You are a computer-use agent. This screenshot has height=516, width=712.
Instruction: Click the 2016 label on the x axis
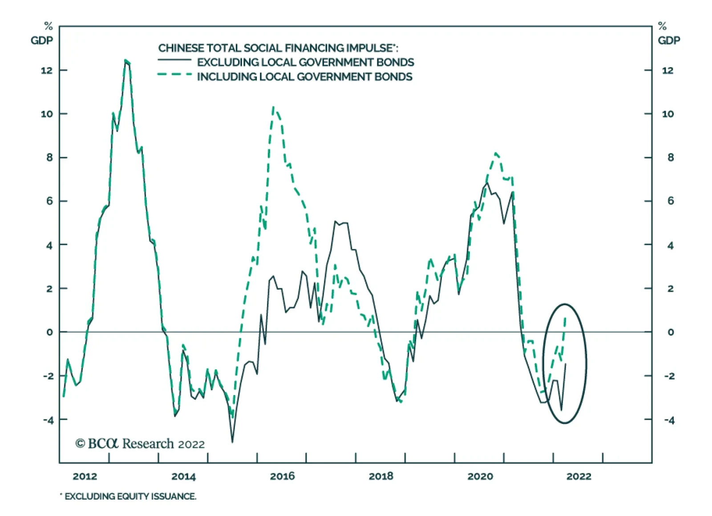point(282,476)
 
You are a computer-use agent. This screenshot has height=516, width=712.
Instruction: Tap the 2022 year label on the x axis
point(578,476)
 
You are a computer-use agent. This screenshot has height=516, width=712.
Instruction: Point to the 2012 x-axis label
point(85,476)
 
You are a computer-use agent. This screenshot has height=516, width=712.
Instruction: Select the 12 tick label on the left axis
point(46,70)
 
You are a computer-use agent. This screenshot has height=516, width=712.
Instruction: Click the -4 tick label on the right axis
point(668,420)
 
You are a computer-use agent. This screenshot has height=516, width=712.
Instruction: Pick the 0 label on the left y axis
point(49,332)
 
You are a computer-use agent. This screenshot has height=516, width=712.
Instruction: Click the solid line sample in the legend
point(174,60)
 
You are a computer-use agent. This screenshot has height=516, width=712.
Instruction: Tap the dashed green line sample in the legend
point(174,74)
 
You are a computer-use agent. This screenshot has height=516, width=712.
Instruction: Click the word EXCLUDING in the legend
point(227,62)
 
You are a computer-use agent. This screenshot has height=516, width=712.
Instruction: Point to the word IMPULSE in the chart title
point(371,48)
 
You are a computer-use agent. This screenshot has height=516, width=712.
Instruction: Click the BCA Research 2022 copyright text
point(140,443)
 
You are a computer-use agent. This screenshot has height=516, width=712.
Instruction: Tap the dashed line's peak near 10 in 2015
point(273,107)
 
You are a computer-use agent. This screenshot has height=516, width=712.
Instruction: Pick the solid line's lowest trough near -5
point(232,442)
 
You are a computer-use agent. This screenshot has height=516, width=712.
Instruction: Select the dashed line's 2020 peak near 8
point(496,153)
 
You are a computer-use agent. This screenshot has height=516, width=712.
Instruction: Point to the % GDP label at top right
point(668,34)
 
